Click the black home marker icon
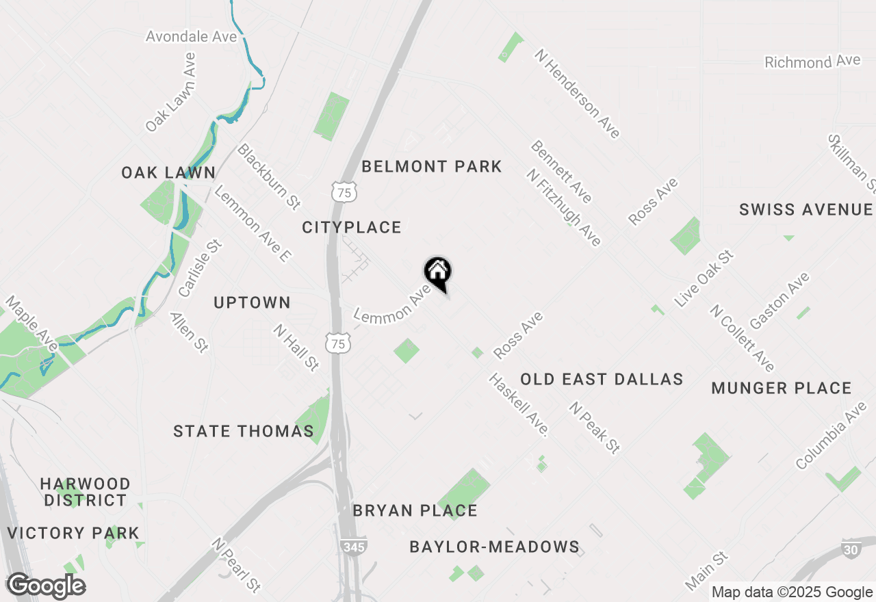pos(438,272)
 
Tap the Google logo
pos(46,586)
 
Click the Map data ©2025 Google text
pos(792,592)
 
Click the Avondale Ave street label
pos(192,36)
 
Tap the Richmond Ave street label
pos(812,62)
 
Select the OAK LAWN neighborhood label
pos(168,173)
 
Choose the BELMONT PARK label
pos(432,167)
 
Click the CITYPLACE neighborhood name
pos(352,228)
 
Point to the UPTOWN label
pos(253,302)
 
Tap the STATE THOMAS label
pos(244,432)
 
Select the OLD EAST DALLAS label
pos(602,380)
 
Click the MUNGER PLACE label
pos(782,389)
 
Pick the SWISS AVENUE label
pos(806,210)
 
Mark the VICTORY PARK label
pos(73,533)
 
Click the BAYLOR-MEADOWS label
pos(494,547)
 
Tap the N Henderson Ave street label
pos(578,93)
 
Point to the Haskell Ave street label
pos(519,405)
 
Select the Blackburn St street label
pos(269,176)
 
